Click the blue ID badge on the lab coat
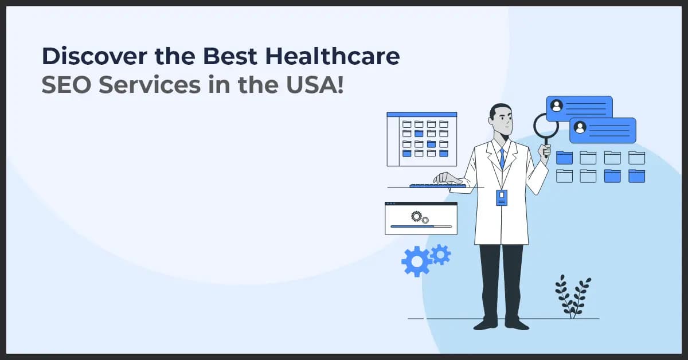[502, 197]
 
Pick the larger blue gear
[416, 261]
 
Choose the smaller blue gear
[440, 254]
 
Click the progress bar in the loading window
[420, 227]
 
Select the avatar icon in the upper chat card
[556, 106]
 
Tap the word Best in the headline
[234, 58]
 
